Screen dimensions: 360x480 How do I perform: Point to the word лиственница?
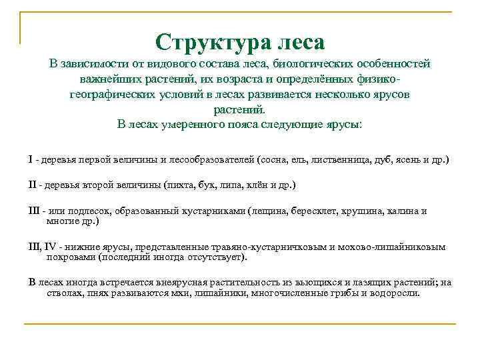335,161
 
